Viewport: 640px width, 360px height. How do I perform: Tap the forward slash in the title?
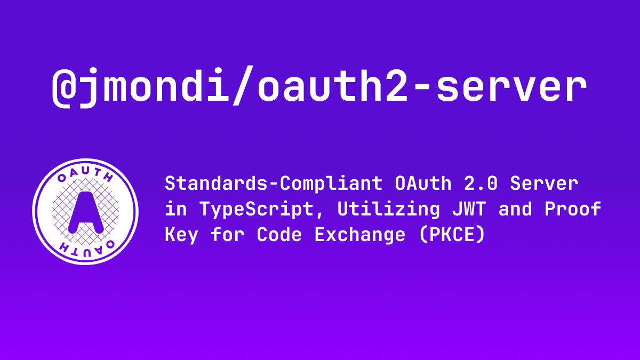click(243, 85)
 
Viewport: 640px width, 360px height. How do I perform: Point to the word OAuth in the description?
click(423, 183)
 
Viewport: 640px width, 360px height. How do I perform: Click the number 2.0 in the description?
click(481, 183)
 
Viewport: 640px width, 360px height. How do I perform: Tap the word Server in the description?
click(543, 183)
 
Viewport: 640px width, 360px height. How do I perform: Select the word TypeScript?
click(257, 210)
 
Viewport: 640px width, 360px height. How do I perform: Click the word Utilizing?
click(389, 210)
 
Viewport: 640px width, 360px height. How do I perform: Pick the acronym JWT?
click(469, 209)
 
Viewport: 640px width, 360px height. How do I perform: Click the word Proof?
click(573, 209)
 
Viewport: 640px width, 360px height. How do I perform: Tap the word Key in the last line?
click(181, 235)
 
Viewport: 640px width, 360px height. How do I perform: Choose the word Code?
click(279, 235)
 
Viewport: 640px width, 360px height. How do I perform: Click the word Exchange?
click(359, 235)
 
